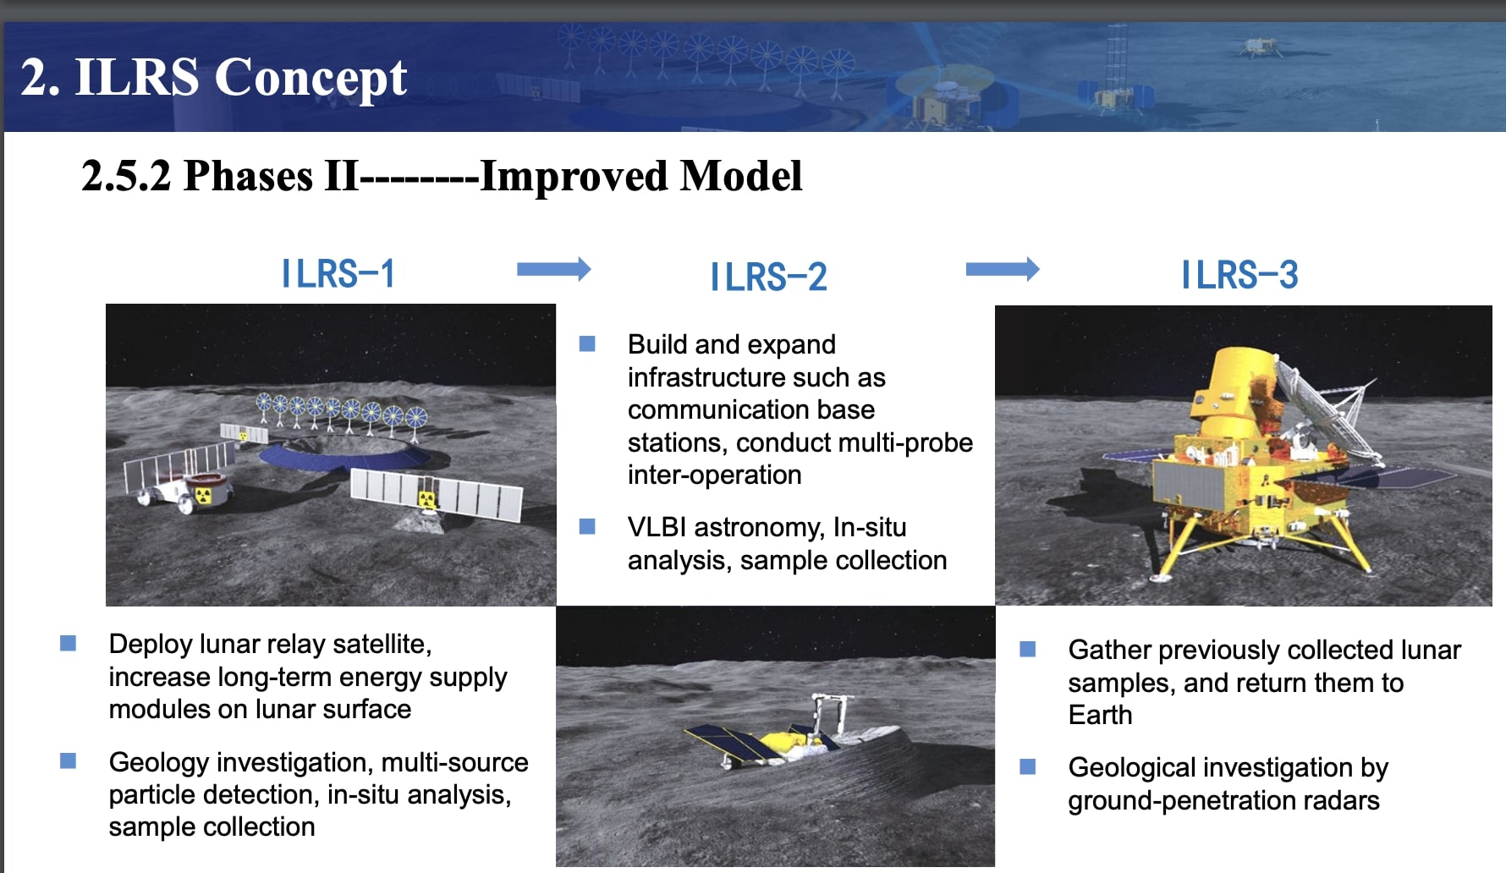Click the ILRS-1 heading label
click(338, 274)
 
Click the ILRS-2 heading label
click(768, 277)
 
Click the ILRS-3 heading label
click(1239, 275)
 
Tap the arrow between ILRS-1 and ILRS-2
click(553, 270)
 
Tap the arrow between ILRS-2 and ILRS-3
click(1002, 270)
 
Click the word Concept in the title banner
click(311, 78)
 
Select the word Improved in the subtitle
click(574, 176)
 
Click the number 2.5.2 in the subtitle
click(126, 176)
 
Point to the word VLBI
click(657, 528)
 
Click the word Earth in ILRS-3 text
click(1100, 716)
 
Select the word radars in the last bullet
click(1342, 800)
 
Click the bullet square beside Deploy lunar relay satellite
click(69, 644)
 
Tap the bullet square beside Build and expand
click(587, 343)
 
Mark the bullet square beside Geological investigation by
click(1028, 767)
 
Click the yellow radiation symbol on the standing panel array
click(428, 499)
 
